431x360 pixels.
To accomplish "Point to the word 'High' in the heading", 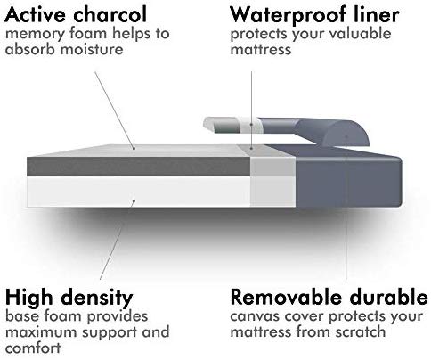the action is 29,298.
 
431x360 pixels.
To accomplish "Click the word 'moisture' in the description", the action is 92,48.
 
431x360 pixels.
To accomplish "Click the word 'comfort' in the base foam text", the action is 33,348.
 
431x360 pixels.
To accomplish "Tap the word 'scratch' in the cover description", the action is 361,331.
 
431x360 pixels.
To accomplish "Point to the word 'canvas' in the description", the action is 255,316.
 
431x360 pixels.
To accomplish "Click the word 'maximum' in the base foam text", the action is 41,332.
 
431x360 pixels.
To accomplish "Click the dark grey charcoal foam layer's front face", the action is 138,167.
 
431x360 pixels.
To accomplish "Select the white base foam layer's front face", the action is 138,192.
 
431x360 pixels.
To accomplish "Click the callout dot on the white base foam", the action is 134,201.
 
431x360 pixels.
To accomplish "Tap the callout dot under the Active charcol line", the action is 134,148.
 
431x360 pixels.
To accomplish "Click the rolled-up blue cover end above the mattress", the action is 332,131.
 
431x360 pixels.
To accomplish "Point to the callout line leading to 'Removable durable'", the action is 346,208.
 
